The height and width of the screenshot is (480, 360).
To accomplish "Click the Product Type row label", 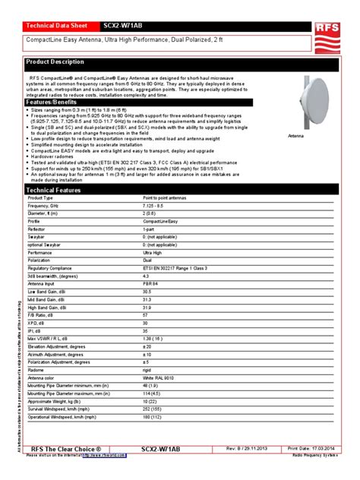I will pyautogui.click(x=42, y=197).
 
